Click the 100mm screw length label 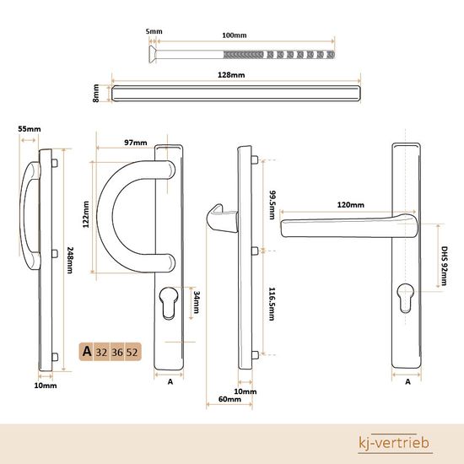234,35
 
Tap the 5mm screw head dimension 154,31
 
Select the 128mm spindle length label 231,75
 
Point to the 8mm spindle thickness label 95,93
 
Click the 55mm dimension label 30,129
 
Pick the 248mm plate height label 69,260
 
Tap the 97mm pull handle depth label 136,143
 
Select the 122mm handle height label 86,214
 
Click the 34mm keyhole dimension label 196,302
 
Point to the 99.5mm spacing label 272,205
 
